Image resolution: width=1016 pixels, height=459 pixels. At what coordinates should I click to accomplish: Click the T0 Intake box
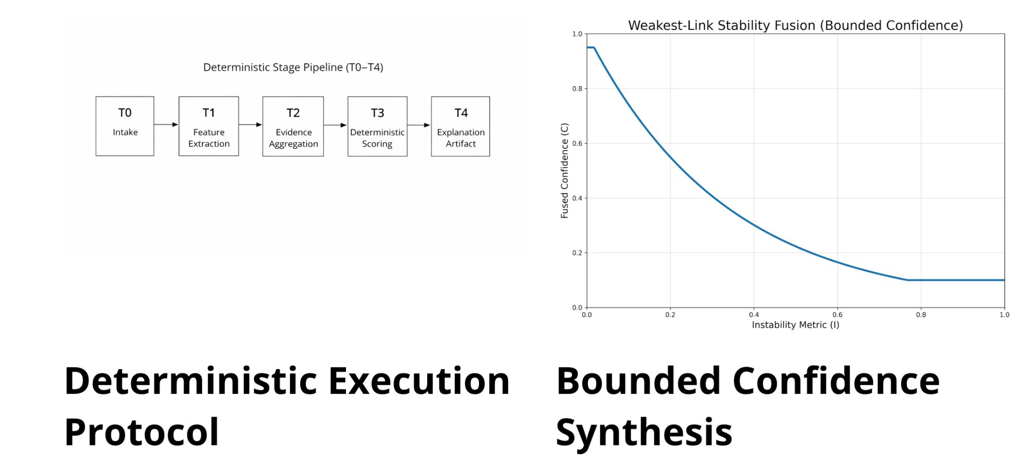[125, 126]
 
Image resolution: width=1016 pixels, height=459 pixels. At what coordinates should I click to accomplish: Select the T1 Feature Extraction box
[209, 126]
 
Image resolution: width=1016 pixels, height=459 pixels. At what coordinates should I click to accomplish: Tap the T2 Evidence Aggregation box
[293, 126]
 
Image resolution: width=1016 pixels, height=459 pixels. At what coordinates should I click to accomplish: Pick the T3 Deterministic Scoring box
[377, 126]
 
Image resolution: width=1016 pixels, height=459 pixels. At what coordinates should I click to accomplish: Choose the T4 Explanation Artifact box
[461, 126]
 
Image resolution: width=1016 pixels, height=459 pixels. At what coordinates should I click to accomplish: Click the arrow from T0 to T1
[166, 124]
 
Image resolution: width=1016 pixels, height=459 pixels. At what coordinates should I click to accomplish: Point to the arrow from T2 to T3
[335, 125]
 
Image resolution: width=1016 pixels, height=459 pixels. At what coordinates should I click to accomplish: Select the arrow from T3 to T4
[419, 125]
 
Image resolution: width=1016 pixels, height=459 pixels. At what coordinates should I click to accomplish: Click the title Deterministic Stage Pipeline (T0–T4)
[293, 68]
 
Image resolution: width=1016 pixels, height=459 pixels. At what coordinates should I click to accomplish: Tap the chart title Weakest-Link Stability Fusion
[796, 25]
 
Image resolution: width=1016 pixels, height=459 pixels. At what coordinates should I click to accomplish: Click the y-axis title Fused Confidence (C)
[564, 171]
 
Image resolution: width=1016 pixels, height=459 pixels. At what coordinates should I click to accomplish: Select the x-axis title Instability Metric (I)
[796, 325]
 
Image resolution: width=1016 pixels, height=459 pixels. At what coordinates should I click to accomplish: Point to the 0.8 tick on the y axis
[578, 89]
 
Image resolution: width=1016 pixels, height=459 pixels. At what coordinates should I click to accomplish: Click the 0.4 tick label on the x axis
[754, 315]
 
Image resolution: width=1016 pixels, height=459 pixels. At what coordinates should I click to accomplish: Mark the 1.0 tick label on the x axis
[1004, 315]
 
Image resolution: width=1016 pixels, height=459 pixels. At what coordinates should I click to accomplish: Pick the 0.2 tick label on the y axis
[578, 253]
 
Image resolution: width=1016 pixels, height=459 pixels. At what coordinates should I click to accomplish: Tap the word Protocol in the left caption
[142, 432]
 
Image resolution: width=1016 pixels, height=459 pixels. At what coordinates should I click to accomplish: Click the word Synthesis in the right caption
[644, 432]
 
